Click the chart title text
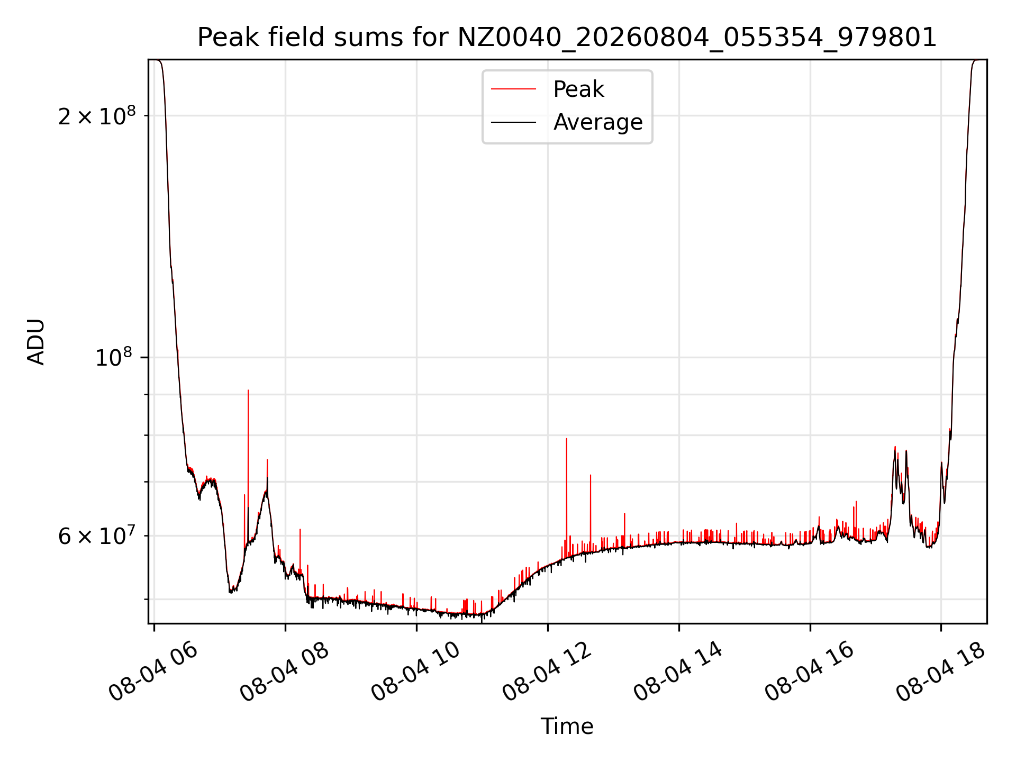tap(567, 37)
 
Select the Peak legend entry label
tap(578, 89)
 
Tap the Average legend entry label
tap(598, 122)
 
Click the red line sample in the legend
tap(513, 89)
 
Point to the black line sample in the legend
tap(513, 122)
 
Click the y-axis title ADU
tap(36, 341)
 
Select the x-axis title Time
tap(567, 726)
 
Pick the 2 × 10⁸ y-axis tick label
tap(97, 115)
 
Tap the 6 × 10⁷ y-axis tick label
tap(97, 536)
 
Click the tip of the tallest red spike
tap(248, 391)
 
